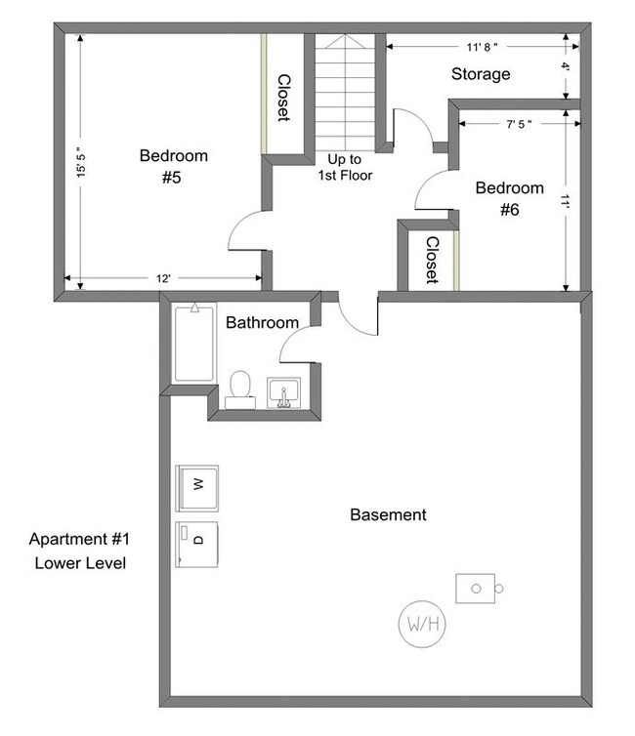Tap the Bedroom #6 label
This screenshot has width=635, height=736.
[508, 198]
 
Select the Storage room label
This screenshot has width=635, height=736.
[480, 74]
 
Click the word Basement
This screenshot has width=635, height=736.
[388, 514]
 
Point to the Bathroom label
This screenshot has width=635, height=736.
[262, 322]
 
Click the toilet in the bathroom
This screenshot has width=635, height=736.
[240, 388]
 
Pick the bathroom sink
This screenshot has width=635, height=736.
[284, 392]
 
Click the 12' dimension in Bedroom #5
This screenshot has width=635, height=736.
[163, 279]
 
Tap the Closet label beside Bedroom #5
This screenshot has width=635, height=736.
[283, 98]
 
